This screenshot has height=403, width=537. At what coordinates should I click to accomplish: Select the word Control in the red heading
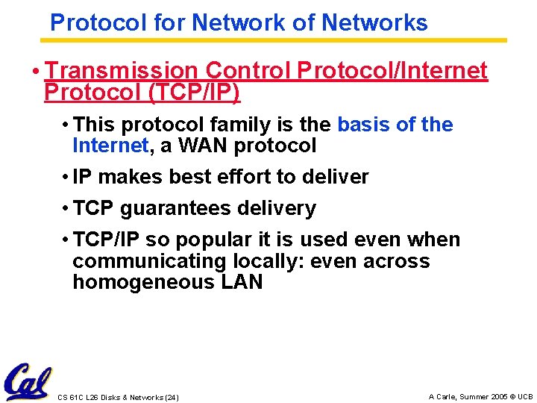248,70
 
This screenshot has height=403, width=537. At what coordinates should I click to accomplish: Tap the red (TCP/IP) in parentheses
195,93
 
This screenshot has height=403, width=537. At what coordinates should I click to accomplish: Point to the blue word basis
365,125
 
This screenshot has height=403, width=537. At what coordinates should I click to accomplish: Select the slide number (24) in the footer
171,397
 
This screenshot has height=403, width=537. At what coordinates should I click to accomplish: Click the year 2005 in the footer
500,396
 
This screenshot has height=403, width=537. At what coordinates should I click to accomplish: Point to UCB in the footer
526,396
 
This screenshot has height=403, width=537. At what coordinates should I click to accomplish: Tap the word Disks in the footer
110,397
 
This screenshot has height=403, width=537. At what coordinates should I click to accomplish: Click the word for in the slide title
169,23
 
